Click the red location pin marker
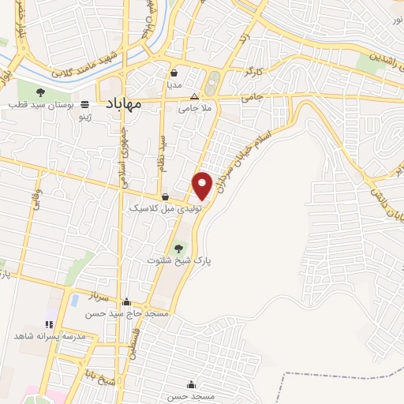point(203,185)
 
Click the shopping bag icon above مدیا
point(174,73)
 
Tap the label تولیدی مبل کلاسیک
point(166,209)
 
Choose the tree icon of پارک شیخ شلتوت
point(178,247)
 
